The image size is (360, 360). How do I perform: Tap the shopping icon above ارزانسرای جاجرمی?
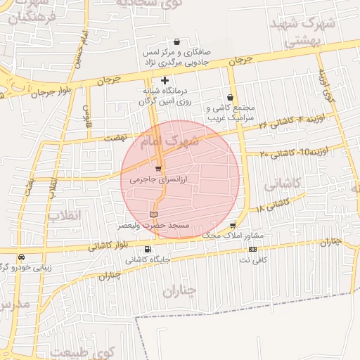[x=158, y=169]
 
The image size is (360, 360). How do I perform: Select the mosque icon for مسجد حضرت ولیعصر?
[x=154, y=213]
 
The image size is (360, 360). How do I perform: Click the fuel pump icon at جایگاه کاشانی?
[x=147, y=249]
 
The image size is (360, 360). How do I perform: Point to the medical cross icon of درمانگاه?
[x=165, y=80]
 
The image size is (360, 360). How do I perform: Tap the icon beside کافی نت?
[x=252, y=250]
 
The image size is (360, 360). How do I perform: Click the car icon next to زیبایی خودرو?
[x=22, y=257]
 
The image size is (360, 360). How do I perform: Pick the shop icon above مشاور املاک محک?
[x=233, y=226]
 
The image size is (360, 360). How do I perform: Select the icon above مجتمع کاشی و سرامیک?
[x=230, y=98]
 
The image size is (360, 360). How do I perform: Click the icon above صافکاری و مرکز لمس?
[x=176, y=42]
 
